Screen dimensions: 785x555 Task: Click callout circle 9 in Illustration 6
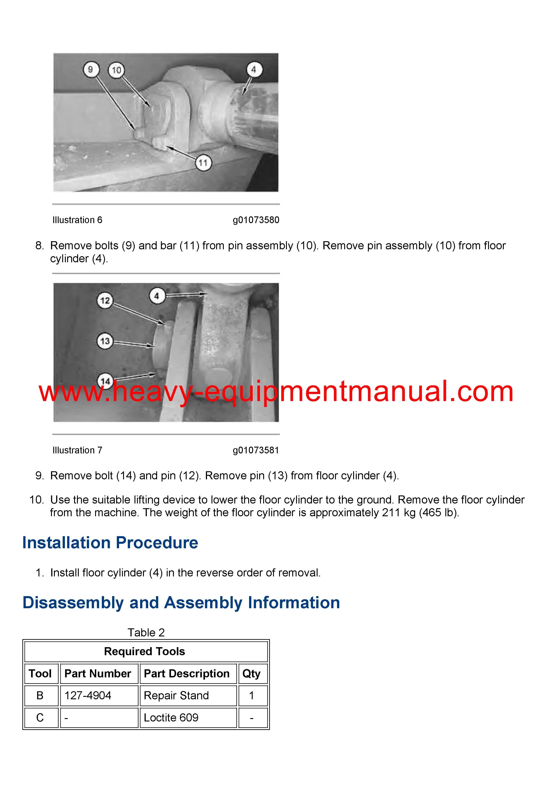pos(91,70)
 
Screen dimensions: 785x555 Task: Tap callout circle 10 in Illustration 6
pos(117,70)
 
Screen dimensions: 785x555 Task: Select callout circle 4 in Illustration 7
pos(157,296)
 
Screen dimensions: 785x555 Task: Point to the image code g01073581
pos(256,450)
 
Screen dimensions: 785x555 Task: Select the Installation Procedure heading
pos(110,543)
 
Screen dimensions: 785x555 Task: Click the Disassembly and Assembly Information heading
pos(181,603)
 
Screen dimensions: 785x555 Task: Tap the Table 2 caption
pos(146,633)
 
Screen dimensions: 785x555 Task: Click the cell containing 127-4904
pos(88,695)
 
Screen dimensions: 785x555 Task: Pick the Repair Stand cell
pos(176,695)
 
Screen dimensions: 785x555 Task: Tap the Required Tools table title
pos(144,651)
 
